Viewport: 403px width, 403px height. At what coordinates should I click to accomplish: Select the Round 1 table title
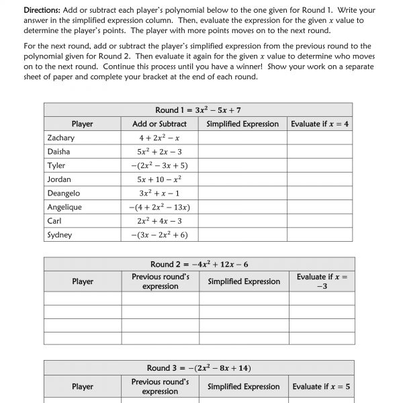coord(198,110)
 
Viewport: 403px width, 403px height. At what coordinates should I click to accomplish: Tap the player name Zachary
coord(60,138)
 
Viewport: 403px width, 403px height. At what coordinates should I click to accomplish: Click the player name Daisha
coord(58,152)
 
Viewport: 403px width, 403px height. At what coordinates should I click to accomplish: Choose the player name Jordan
coord(58,179)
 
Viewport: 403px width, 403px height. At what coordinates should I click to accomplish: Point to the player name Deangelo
coord(64,193)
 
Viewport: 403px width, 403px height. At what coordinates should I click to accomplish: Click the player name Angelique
coord(64,208)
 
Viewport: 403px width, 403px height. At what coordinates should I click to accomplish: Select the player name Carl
coord(54,221)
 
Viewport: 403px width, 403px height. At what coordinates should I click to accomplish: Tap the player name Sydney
coord(60,235)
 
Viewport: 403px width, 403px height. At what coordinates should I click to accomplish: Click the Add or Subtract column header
coord(159,124)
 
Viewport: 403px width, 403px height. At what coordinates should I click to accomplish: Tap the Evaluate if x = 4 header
coord(320,124)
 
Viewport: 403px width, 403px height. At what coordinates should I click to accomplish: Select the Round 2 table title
coord(198,265)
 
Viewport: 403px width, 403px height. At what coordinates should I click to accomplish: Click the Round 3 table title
coord(199,368)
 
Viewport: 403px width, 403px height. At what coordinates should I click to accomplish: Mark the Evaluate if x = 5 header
coord(320,386)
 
